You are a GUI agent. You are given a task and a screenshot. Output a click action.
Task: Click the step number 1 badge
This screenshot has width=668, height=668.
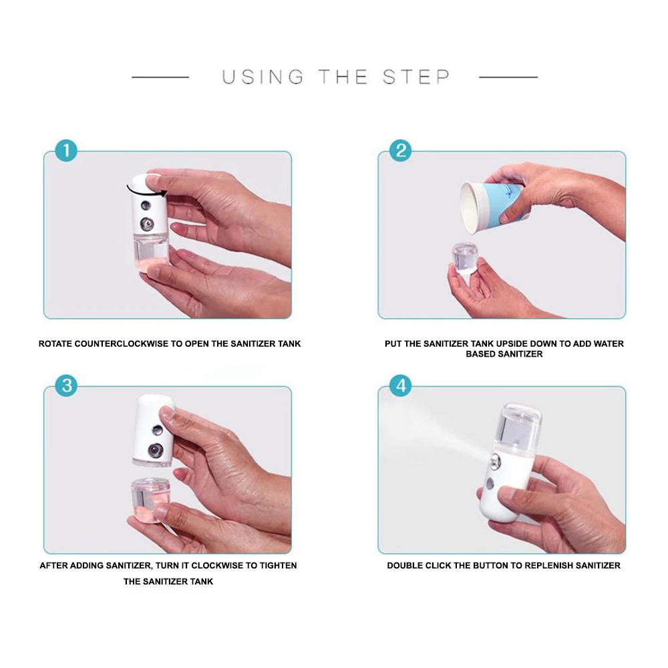click(66, 151)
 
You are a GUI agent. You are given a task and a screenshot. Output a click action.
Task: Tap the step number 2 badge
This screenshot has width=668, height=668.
click(400, 151)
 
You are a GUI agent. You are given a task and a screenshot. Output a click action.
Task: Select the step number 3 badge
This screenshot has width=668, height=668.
click(66, 386)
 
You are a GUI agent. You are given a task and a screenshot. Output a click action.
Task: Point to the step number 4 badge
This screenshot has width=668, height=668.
click(401, 386)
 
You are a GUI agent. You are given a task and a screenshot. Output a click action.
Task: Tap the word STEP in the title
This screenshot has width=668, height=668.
click(415, 77)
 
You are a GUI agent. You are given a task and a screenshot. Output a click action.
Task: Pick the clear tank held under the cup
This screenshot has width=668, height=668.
click(464, 258)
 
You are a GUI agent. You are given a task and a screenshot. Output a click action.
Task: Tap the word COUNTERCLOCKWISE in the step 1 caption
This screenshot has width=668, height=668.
click(122, 344)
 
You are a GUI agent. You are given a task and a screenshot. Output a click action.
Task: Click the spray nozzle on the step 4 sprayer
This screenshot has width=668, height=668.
click(494, 462)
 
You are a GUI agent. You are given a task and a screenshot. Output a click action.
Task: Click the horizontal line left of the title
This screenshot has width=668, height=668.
click(160, 77)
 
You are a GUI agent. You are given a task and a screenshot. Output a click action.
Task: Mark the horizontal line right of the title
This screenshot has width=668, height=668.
click(508, 77)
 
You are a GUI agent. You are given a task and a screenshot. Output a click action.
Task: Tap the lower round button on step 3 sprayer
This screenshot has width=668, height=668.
click(155, 450)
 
